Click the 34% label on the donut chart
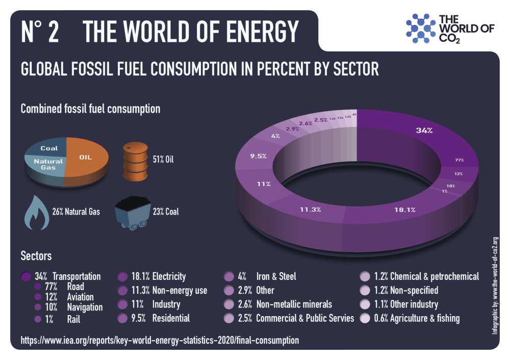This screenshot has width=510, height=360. click(424, 131)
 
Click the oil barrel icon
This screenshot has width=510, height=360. click(134, 160)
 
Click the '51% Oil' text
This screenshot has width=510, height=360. click(163, 160)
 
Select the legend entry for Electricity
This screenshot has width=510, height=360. click(153, 277)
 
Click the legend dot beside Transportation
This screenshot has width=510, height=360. click(26, 277)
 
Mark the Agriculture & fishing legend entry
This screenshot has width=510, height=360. click(411, 318)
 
